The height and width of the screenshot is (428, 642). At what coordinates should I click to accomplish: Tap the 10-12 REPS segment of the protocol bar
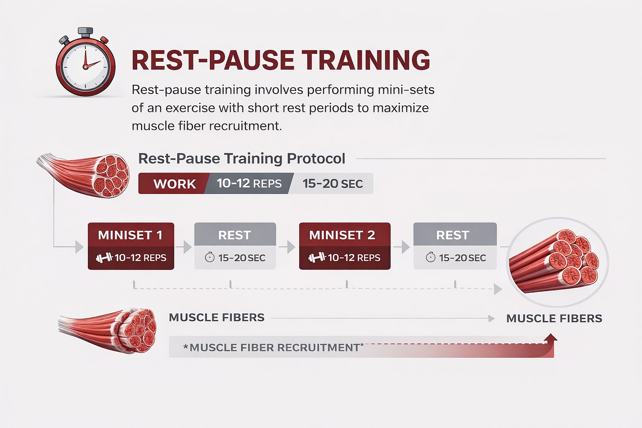click(x=249, y=183)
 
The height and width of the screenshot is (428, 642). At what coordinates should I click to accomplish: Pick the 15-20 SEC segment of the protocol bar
click(x=332, y=184)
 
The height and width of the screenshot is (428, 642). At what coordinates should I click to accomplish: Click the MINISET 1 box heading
click(x=130, y=235)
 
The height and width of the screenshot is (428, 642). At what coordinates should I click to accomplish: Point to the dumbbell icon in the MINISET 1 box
click(x=104, y=258)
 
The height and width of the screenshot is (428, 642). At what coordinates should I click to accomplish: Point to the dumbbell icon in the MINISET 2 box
click(x=317, y=257)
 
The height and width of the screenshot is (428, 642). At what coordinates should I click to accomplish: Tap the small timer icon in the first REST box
click(x=209, y=257)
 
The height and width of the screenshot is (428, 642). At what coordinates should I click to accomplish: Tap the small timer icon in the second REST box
click(x=431, y=257)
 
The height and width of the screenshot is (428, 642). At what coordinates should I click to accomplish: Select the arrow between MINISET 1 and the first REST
click(x=183, y=247)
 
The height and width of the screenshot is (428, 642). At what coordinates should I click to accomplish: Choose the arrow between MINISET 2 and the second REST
click(x=401, y=247)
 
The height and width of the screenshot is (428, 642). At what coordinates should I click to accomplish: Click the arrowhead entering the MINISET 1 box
click(x=79, y=247)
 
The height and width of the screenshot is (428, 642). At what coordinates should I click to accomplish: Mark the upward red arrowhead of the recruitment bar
click(x=550, y=337)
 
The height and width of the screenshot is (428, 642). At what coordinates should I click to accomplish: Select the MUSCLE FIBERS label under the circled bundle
click(x=554, y=318)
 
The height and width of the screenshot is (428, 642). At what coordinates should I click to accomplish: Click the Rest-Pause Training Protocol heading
click(x=242, y=158)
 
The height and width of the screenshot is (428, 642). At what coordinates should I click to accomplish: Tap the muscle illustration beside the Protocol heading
click(x=83, y=175)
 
